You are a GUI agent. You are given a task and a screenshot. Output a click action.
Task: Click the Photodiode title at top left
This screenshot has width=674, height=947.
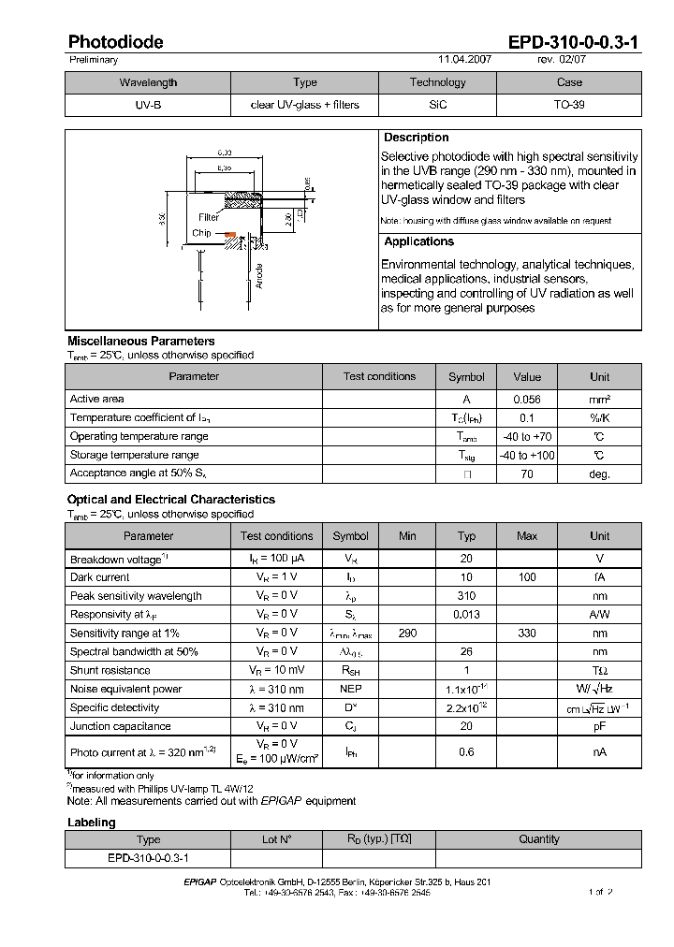115,42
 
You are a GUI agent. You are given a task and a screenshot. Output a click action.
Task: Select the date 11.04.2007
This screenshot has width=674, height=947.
464,59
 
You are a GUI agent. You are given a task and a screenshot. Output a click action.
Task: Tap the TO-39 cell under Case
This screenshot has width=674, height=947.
569,105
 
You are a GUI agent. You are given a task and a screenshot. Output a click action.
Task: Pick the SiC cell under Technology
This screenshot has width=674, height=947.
438,105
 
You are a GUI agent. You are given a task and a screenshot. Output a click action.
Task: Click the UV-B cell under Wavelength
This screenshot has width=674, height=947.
148,105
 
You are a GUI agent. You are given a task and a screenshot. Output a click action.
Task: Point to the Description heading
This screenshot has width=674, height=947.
417,138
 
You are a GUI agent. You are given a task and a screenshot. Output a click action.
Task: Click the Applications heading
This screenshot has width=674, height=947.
418,241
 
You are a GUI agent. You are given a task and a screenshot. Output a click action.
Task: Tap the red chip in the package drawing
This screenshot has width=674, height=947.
229,234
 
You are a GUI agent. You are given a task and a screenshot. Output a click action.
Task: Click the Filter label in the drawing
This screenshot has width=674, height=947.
208,217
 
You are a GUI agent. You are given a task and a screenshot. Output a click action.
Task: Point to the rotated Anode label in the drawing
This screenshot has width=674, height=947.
259,276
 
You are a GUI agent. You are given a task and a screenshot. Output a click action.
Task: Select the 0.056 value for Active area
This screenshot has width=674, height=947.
527,399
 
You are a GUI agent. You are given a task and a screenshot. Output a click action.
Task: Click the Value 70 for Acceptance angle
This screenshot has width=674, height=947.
527,474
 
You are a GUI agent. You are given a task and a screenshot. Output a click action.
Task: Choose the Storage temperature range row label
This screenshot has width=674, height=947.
134,455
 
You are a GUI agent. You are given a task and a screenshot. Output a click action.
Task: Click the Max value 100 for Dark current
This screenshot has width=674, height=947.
527,577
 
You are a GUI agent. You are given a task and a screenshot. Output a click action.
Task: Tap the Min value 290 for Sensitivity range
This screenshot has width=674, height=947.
407,634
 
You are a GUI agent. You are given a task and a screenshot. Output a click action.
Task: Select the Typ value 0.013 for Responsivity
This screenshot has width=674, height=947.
466,615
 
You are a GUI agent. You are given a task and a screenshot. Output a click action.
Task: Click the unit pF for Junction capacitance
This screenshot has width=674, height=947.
599,726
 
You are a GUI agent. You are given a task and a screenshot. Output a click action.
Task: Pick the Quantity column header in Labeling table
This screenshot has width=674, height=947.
539,839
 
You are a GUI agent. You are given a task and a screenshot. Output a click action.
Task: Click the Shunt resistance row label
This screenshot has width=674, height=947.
110,670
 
